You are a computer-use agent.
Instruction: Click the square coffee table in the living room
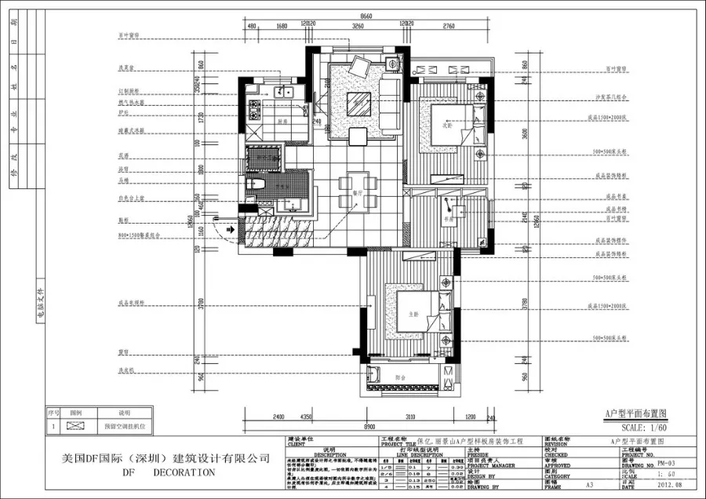(x=361, y=101)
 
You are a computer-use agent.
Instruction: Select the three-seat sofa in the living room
(x=390, y=102)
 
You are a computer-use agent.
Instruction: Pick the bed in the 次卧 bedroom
(x=449, y=126)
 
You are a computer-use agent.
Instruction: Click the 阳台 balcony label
(x=401, y=377)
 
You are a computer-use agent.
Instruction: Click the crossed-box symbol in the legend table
(x=76, y=426)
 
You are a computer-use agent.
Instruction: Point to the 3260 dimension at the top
(x=358, y=27)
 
